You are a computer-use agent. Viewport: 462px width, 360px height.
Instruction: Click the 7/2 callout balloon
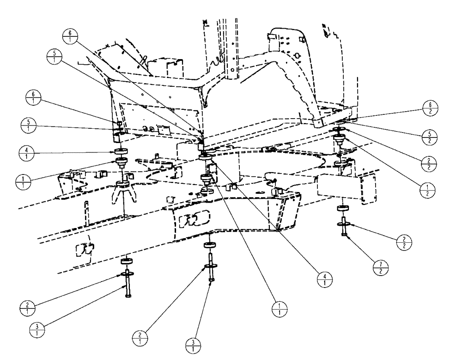point(380,266)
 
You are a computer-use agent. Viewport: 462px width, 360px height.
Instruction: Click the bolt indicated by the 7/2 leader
point(345,231)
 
